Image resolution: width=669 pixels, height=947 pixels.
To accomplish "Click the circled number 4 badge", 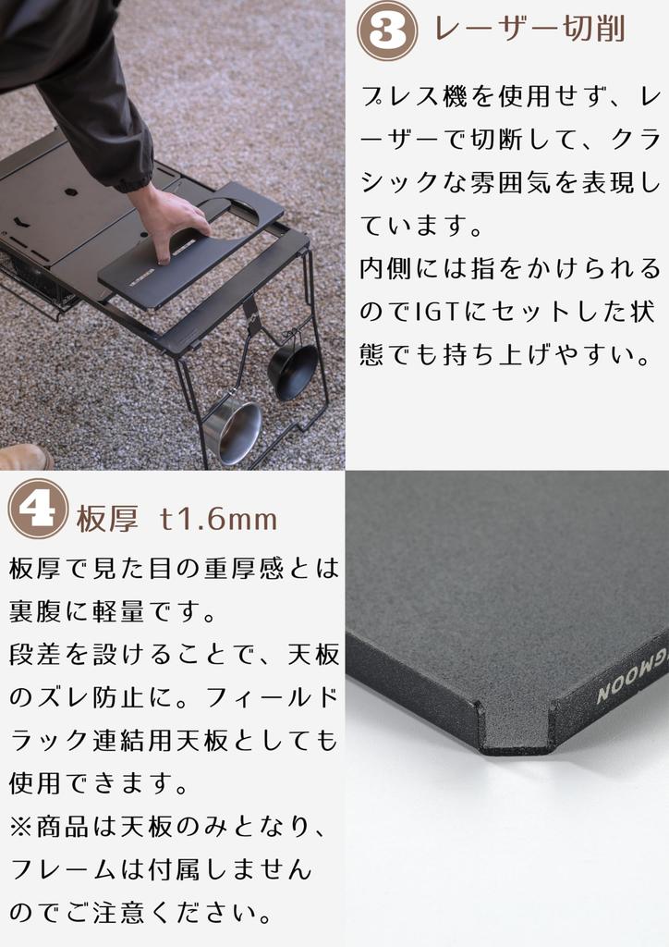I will (x=38, y=509).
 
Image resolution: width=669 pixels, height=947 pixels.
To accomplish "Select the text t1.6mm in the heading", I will (x=218, y=519).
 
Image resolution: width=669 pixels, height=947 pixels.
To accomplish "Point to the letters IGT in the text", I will (x=437, y=312).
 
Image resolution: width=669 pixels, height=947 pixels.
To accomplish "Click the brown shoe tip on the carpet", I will (x=24, y=457).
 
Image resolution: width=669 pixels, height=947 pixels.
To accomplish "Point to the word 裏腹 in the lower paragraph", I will (x=39, y=612).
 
